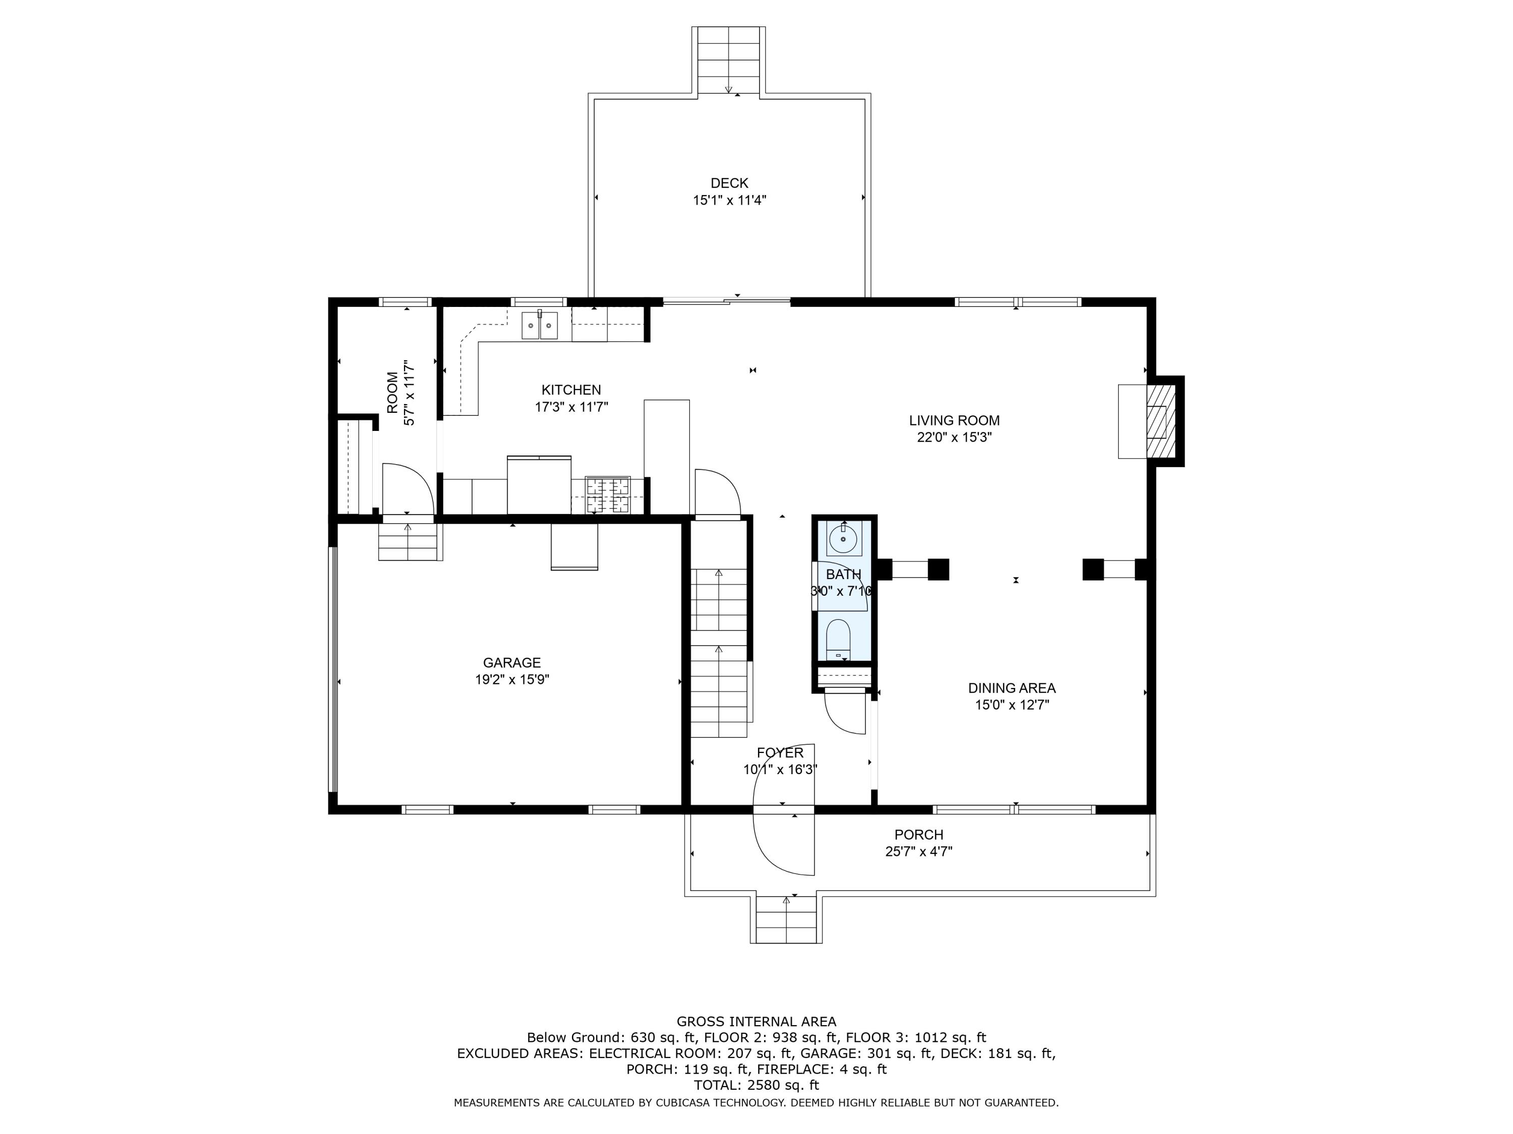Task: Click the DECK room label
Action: pos(729,183)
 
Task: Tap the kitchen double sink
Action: pos(540,326)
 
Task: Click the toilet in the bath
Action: pos(838,640)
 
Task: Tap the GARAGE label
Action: pos(511,662)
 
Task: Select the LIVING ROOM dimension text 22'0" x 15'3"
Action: pos(954,437)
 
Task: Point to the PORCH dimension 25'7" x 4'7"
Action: pos(918,852)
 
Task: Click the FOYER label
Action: pos(780,752)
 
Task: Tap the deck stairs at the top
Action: pos(728,60)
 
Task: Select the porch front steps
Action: pos(786,919)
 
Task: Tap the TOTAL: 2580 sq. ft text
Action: pos(756,1085)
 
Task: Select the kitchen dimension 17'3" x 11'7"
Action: pos(571,407)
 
